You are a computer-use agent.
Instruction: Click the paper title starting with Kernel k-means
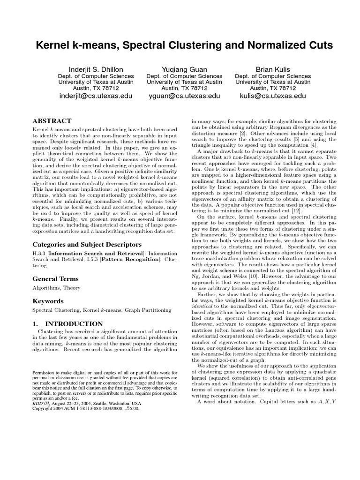tap(180, 45)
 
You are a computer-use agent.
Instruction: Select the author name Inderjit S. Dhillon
tap(96, 69)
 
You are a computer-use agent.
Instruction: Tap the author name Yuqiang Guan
tap(184, 69)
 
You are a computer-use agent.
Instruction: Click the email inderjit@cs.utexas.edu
tap(96, 96)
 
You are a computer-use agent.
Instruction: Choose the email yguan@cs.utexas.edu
tap(184, 96)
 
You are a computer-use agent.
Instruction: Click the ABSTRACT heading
tap(52, 120)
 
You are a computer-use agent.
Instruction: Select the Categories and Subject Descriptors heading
tap(80, 244)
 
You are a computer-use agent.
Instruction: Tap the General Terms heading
tap(55, 279)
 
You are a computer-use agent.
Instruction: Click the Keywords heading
tap(48, 300)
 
